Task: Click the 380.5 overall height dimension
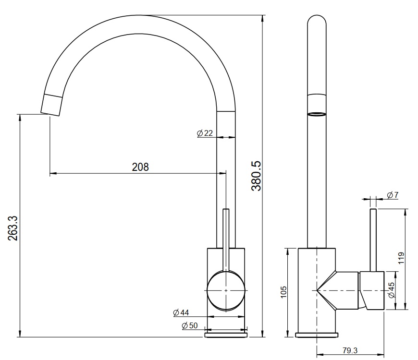point(256,176)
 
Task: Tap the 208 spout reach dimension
point(140,167)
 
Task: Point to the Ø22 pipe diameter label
point(205,133)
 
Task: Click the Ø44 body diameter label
point(181,312)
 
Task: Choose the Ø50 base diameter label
point(190,326)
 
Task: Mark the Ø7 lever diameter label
point(393,194)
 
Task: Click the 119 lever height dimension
point(402,258)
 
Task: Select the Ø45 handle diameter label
point(391,290)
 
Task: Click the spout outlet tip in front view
point(51,105)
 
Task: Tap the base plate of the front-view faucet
point(226,334)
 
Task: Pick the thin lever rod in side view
point(373,240)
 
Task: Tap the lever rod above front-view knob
point(226,235)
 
